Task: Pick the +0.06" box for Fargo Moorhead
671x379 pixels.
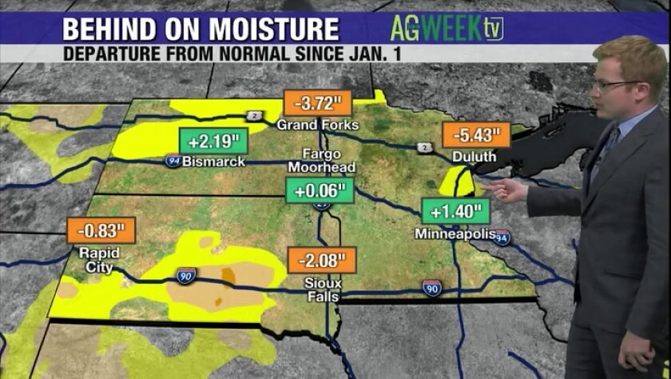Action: pos(319,191)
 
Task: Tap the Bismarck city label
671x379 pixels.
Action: pos(213,161)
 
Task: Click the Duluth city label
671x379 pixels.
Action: pos(474,157)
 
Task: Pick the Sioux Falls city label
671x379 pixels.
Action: pos(316,289)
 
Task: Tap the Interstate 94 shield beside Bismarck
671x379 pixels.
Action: pos(173,161)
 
